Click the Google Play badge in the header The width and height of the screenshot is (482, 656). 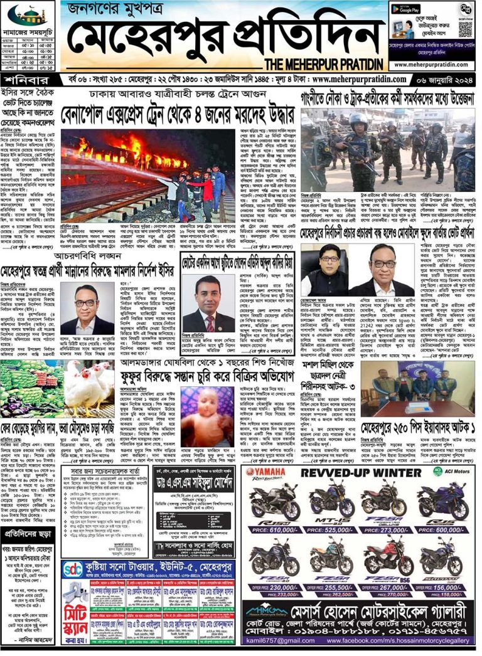pos(407,9)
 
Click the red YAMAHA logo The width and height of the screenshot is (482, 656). pos(264,473)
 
